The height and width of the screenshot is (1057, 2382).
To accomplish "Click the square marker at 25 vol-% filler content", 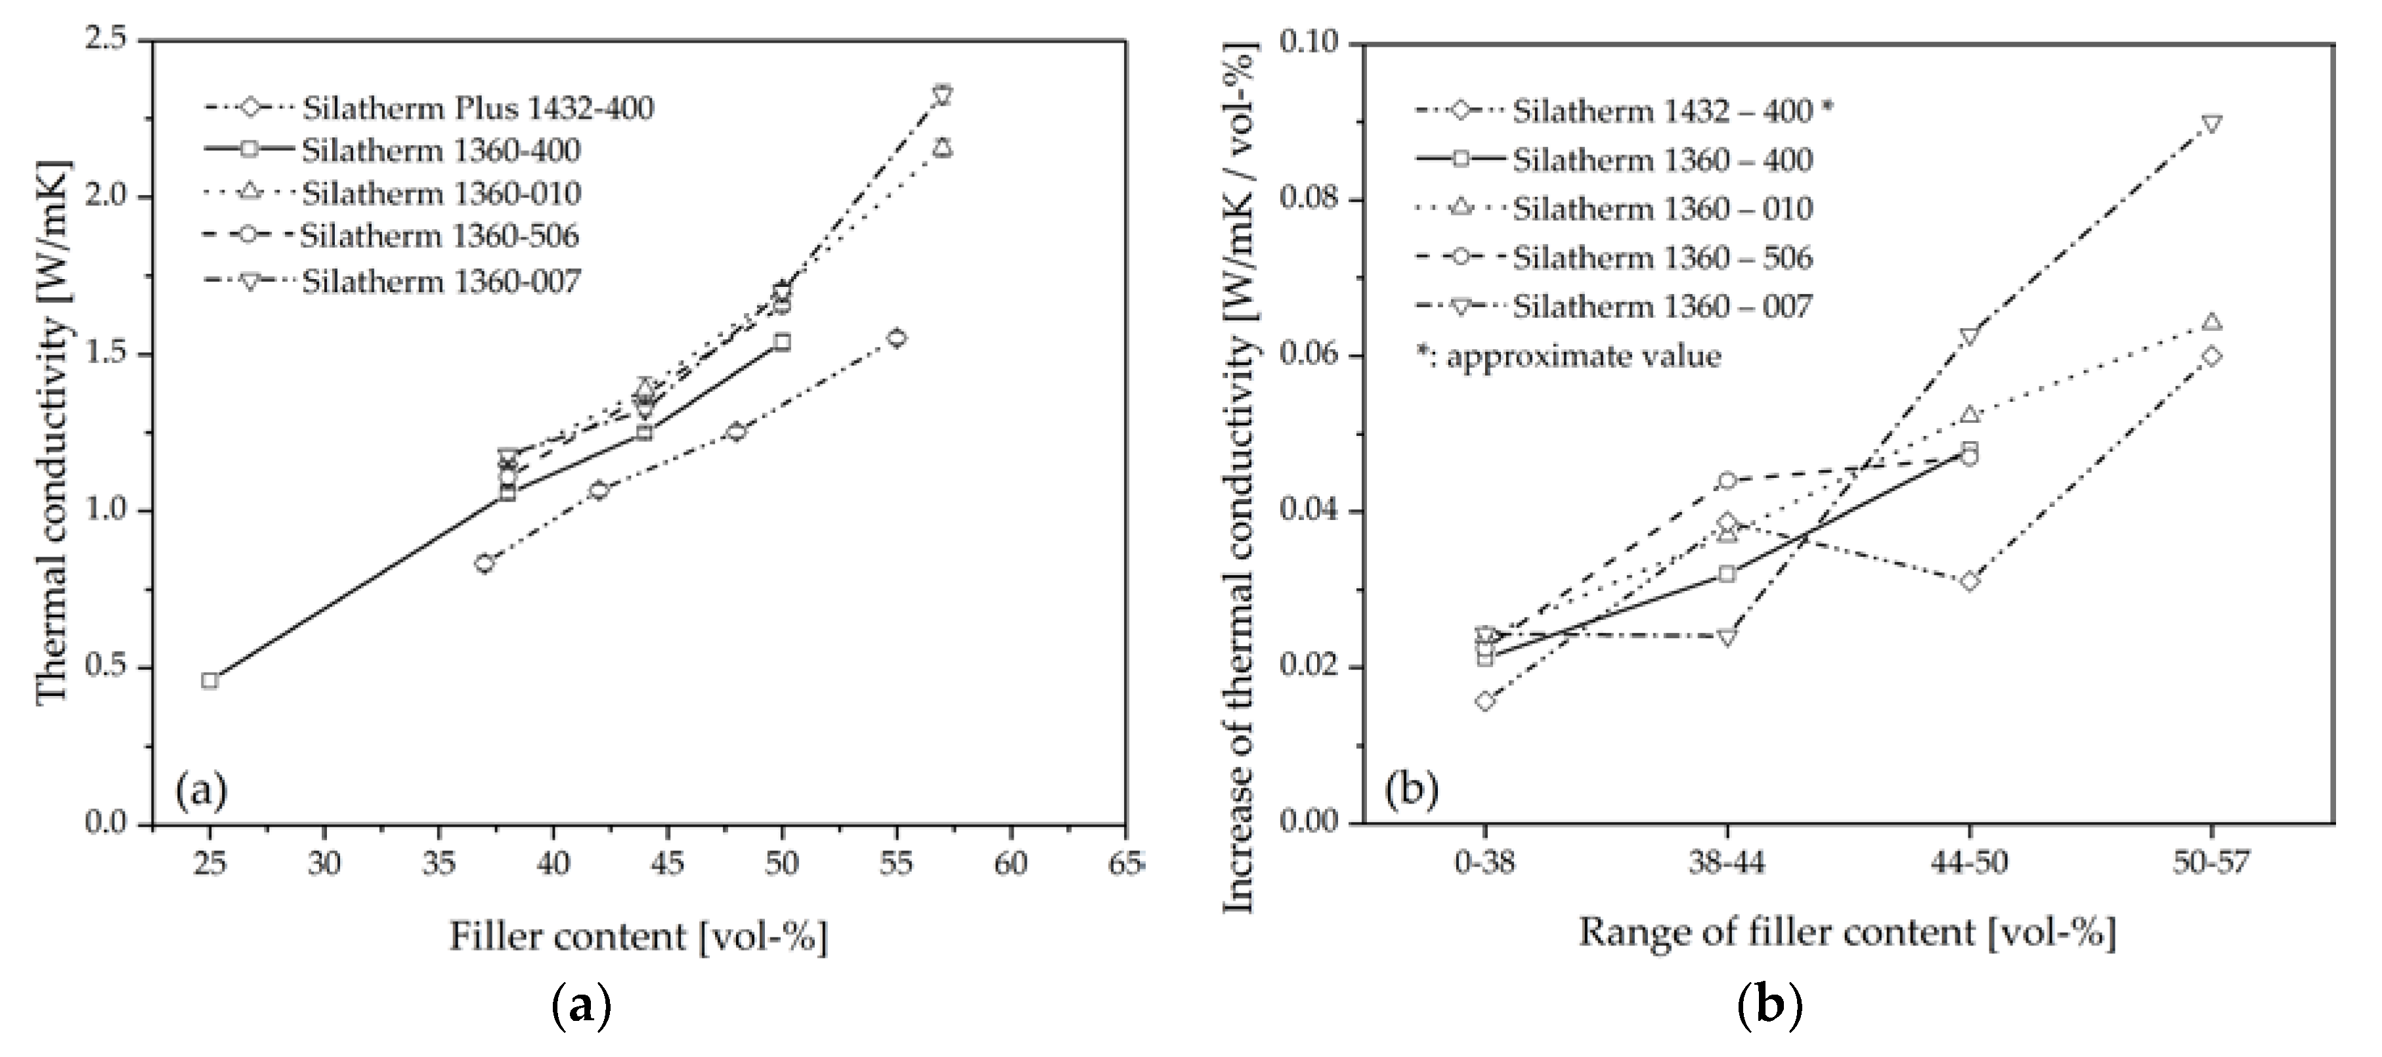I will tap(210, 681).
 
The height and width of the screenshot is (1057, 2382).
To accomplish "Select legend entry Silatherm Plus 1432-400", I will tap(477, 108).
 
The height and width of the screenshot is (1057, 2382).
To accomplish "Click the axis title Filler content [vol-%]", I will tap(638, 937).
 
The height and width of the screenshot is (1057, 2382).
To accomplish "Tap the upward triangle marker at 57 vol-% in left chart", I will tap(942, 148).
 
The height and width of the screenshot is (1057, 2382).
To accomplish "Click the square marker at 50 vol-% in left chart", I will tap(781, 342).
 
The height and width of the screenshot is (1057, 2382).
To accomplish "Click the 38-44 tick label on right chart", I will tap(1726, 864).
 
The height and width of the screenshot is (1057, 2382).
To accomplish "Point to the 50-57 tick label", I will tap(2211, 864).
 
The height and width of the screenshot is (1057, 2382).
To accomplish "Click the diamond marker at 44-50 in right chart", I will tap(1968, 582).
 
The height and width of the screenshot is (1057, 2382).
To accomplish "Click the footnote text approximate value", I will tap(1582, 356).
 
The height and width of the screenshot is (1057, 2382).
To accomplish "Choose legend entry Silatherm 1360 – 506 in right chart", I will tap(1662, 257).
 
